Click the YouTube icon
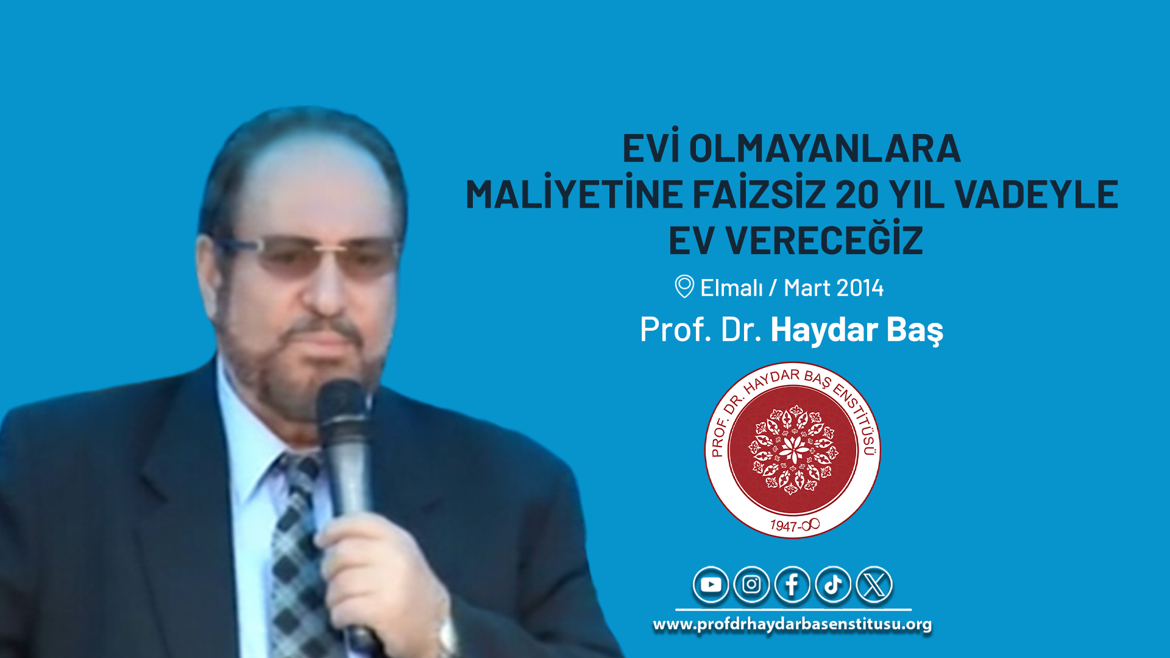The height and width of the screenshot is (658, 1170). click(711, 585)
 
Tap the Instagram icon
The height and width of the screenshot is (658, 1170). click(751, 585)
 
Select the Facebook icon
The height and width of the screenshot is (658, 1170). click(792, 585)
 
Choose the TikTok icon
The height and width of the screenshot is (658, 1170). click(833, 585)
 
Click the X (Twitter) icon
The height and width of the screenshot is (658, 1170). click(874, 585)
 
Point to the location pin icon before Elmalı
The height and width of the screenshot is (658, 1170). click(684, 286)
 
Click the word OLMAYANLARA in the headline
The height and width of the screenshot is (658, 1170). click(824, 149)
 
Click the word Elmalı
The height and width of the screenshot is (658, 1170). click(731, 288)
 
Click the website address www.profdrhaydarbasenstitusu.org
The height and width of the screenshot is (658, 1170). click(792, 624)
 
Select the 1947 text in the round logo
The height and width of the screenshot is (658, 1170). click(784, 526)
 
